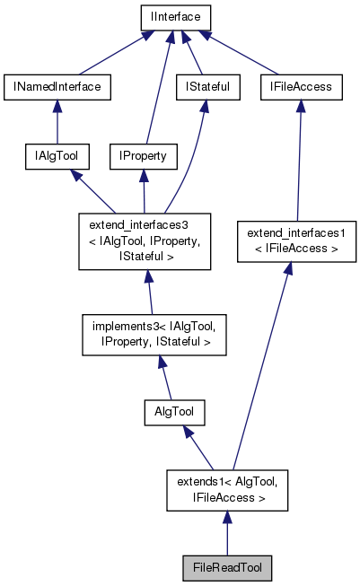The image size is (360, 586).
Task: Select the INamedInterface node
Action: point(57,87)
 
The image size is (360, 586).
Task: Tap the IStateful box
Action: point(202,87)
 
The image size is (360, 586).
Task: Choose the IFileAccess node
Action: point(302,87)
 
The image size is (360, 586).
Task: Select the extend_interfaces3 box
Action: point(144,241)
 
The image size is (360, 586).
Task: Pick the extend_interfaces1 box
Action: point(291,241)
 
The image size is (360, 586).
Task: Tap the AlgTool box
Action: point(174,412)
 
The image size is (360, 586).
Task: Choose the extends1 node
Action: point(227,489)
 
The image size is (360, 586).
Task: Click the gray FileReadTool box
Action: point(226,568)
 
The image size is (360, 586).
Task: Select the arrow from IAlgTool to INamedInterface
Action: point(57,121)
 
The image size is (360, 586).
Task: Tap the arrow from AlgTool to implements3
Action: point(165,375)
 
